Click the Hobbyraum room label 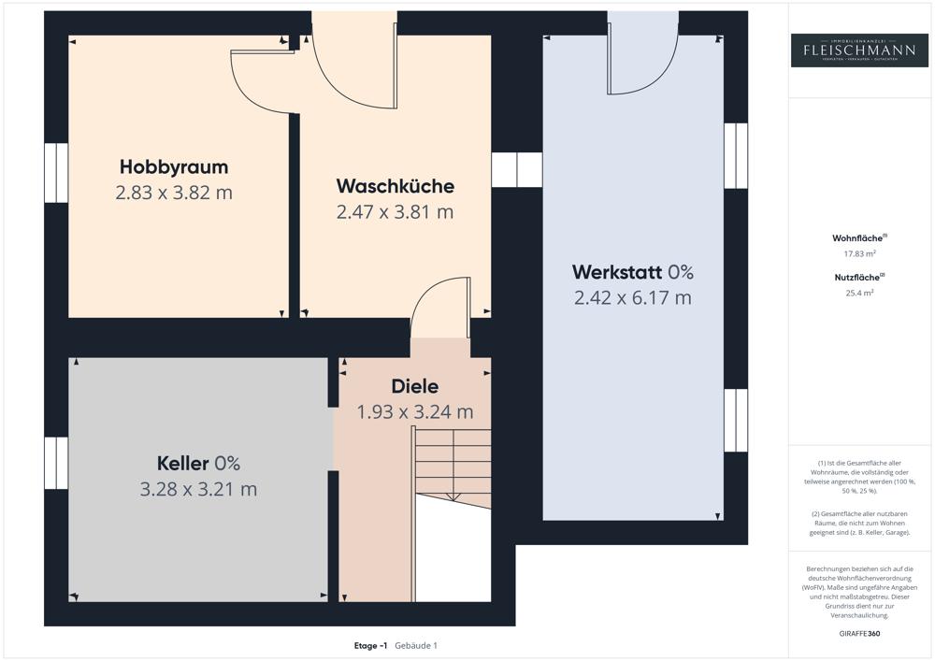tap(174, 167)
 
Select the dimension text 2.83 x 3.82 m tap(174, 194)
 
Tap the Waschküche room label tap(395, 186)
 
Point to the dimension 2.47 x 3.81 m tap(395, 212)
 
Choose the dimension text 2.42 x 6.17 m tap(632, 298)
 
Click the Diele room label tap(414, 386)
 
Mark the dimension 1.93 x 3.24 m tap(414, 411)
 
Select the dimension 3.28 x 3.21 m tap(198, 489)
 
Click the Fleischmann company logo tap(860, 50)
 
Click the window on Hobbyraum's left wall tap(56, 173)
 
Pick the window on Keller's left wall tap(56, 463)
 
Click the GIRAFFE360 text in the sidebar tap(860, 633)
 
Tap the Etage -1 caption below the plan tap(370, 645)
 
